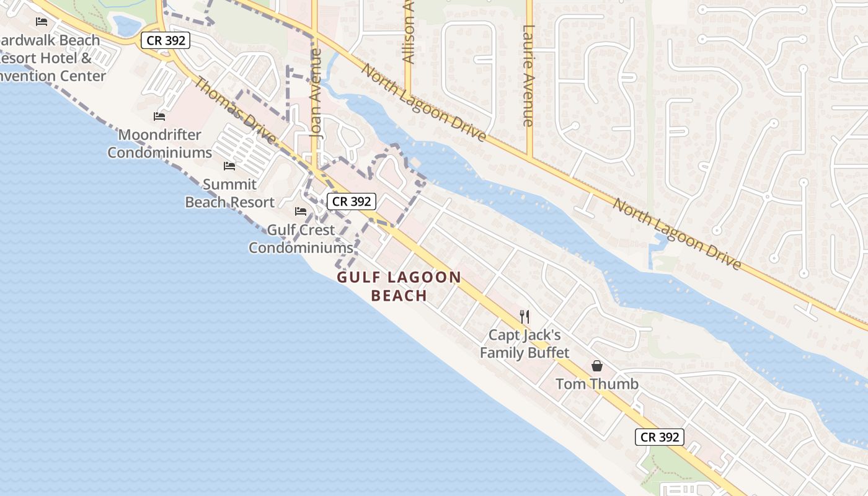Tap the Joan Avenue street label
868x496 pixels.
point(316,93)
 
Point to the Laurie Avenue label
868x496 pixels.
point(528,76)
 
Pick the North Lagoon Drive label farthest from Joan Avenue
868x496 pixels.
point(676,233)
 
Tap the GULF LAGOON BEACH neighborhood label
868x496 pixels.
point(399,286)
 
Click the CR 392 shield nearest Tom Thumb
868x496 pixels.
point(660,437)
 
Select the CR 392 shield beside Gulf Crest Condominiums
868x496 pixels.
point(352,201)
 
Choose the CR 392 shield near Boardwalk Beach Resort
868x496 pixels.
point(166,41)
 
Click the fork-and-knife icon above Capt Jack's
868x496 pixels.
point(525,317)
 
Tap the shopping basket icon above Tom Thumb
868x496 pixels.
point(596,366)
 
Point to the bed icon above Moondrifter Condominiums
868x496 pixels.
point(159,116)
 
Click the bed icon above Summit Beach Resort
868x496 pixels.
point(229,166)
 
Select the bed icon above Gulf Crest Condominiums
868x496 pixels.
point(301,211)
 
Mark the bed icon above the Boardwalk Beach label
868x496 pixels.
point(42,22)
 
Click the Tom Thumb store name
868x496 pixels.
point(596,384)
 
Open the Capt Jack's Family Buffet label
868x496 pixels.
point(525,344)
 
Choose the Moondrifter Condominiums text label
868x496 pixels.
point(159,143)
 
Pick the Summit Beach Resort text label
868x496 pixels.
point(229,193)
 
